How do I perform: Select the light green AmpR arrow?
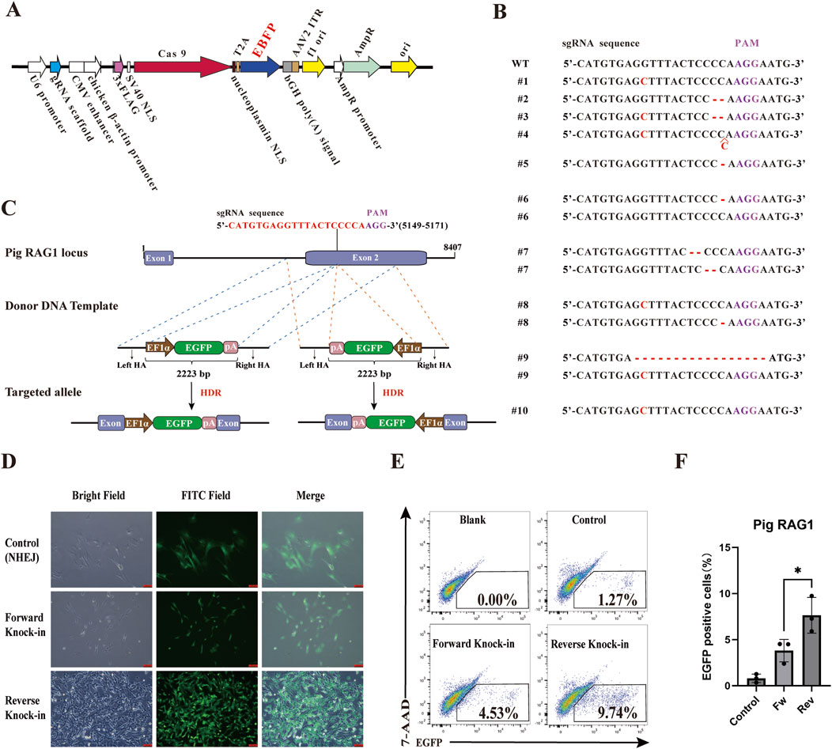[x=357, y=69]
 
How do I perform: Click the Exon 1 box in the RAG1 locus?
[x=159, y=259]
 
